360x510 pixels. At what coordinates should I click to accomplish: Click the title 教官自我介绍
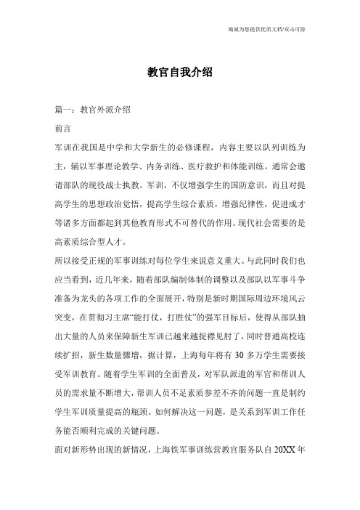tap(179, 73)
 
